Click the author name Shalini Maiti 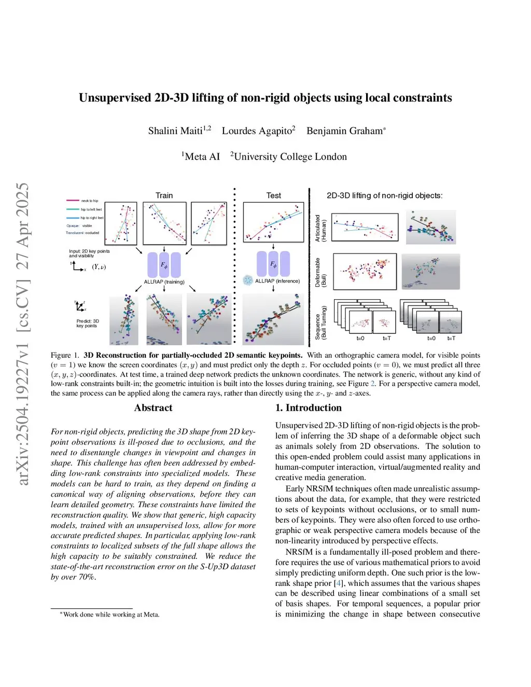[x=175, y=131]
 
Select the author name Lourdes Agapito [x=257, y=131]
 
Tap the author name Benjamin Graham [x=344, y=131]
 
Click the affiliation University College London [x=290, y=157]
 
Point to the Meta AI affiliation [x=202, y=157]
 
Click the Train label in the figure [x=164, y=195]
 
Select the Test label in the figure [x=273, y=195]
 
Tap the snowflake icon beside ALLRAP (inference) [x=248, y=281]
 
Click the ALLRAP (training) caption [x=164, y=282]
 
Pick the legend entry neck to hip [x=89, y=201]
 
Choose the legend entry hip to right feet [x=92, y=218]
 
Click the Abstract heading [x=153, y=408]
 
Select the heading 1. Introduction [x=308, y=408]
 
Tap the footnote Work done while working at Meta [x=111, y=614]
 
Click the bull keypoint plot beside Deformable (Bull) [x=365, y=271]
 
